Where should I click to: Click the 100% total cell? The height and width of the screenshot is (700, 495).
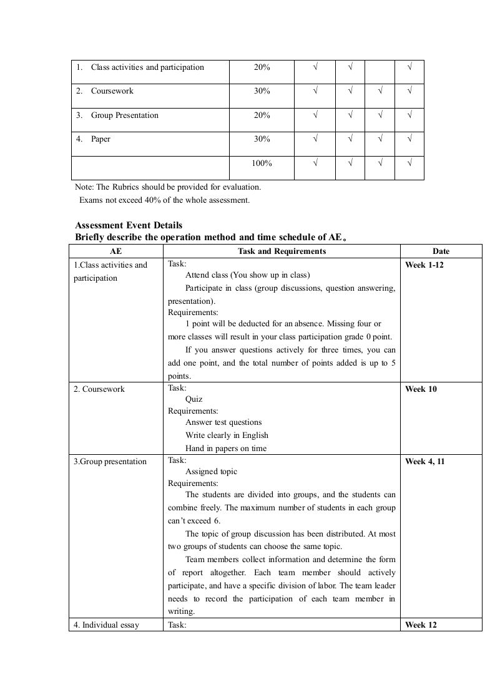click(262, 163)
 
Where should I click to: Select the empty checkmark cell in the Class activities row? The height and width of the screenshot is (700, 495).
click(380, 72)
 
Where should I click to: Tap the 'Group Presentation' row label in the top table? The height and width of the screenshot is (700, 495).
click(124, 115)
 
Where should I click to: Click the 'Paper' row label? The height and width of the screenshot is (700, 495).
click(100, 139)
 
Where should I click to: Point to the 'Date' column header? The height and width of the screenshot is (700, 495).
click(441, 251)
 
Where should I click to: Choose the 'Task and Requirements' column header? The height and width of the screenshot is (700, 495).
click(282, 251)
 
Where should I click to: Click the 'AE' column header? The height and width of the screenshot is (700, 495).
click(115, 251)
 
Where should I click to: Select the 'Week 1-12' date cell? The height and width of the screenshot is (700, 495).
click(424, 265)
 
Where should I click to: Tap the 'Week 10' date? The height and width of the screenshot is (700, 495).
click(421, 389)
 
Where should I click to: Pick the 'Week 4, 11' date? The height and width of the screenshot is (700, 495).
click(424, 462)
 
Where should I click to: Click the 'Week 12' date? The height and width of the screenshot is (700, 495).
click(421, 625)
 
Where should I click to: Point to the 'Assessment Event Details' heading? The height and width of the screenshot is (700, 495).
click(129, 225)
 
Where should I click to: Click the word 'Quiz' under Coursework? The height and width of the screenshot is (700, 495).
click(194, 399)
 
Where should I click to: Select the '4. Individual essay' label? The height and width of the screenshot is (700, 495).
click(106, 625)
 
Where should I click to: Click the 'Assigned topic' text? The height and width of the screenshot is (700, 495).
click(211, 472)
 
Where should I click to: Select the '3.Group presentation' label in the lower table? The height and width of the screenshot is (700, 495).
click(110, 462)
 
